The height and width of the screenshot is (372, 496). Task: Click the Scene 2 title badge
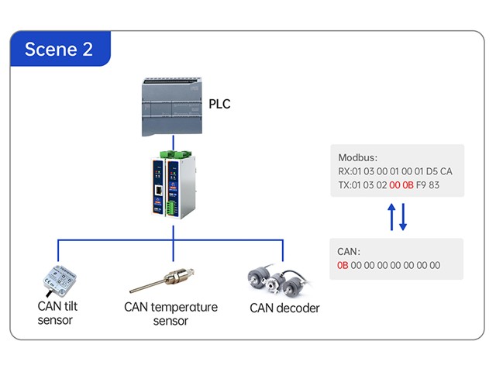coord(59,50)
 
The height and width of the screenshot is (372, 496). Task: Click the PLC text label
coord(219,104)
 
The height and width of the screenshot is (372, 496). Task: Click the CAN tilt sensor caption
coord(57,312)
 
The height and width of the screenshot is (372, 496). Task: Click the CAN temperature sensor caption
coord(170,314)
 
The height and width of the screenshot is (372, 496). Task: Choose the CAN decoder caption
coord(284,308)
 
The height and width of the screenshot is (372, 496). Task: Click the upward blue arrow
coord(391,217)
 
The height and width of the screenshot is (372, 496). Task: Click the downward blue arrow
coord(403,218)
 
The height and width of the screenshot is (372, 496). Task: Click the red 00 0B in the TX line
coord(401,184)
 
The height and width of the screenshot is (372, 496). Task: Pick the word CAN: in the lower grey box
coord(350,251)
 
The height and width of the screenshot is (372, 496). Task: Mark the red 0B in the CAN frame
coord(343,265)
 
